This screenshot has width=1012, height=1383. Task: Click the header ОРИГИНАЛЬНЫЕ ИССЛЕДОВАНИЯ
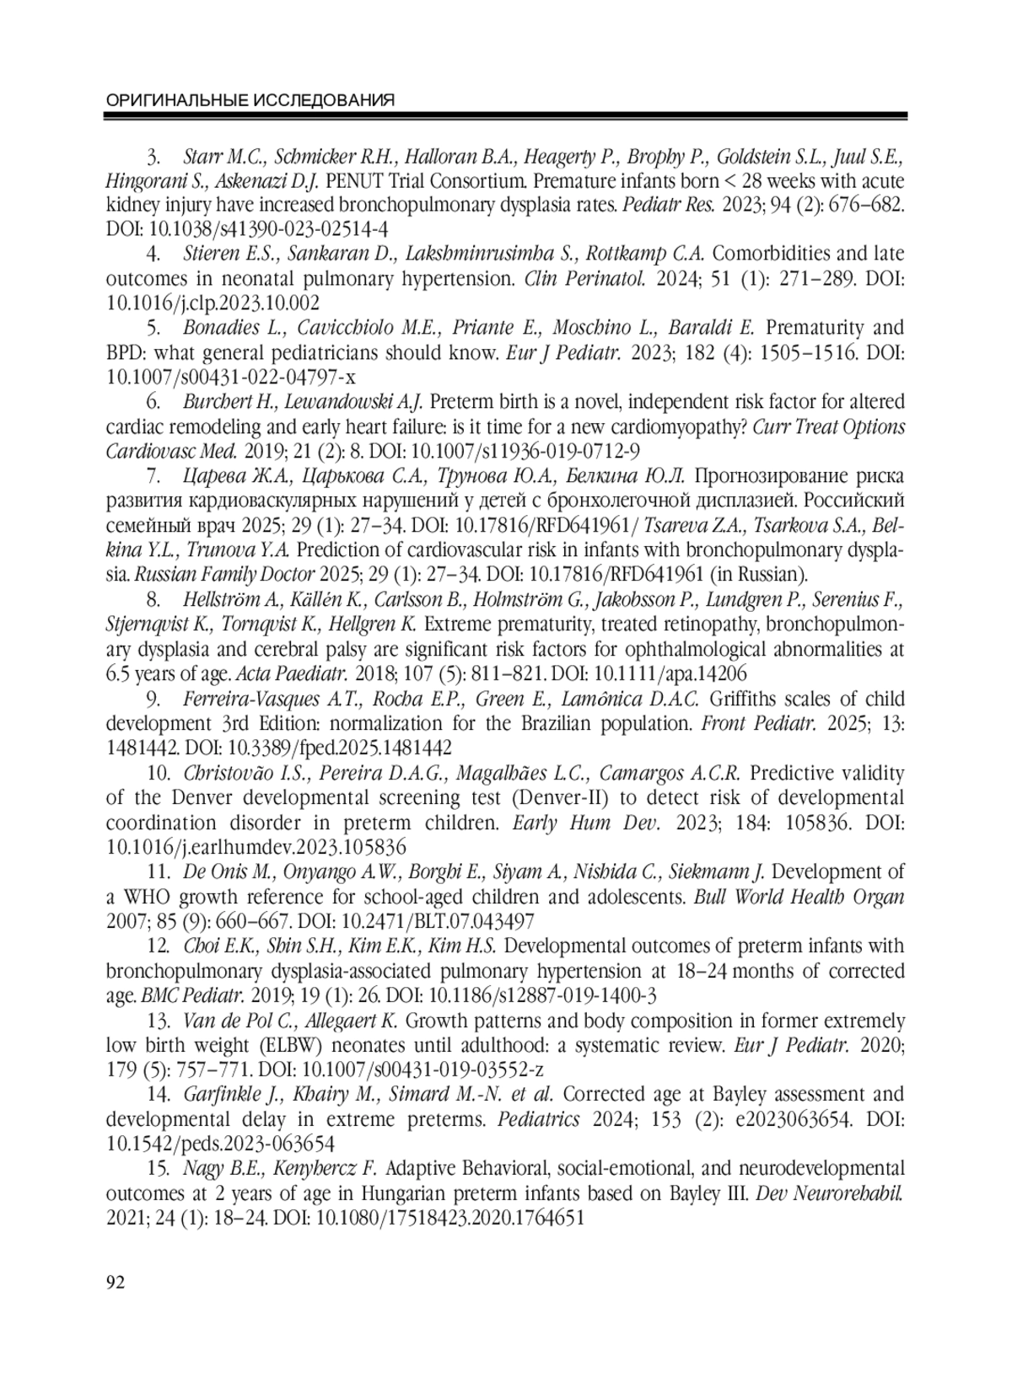coord(250,101)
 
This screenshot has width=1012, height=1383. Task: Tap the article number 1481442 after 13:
coord(137,748)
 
